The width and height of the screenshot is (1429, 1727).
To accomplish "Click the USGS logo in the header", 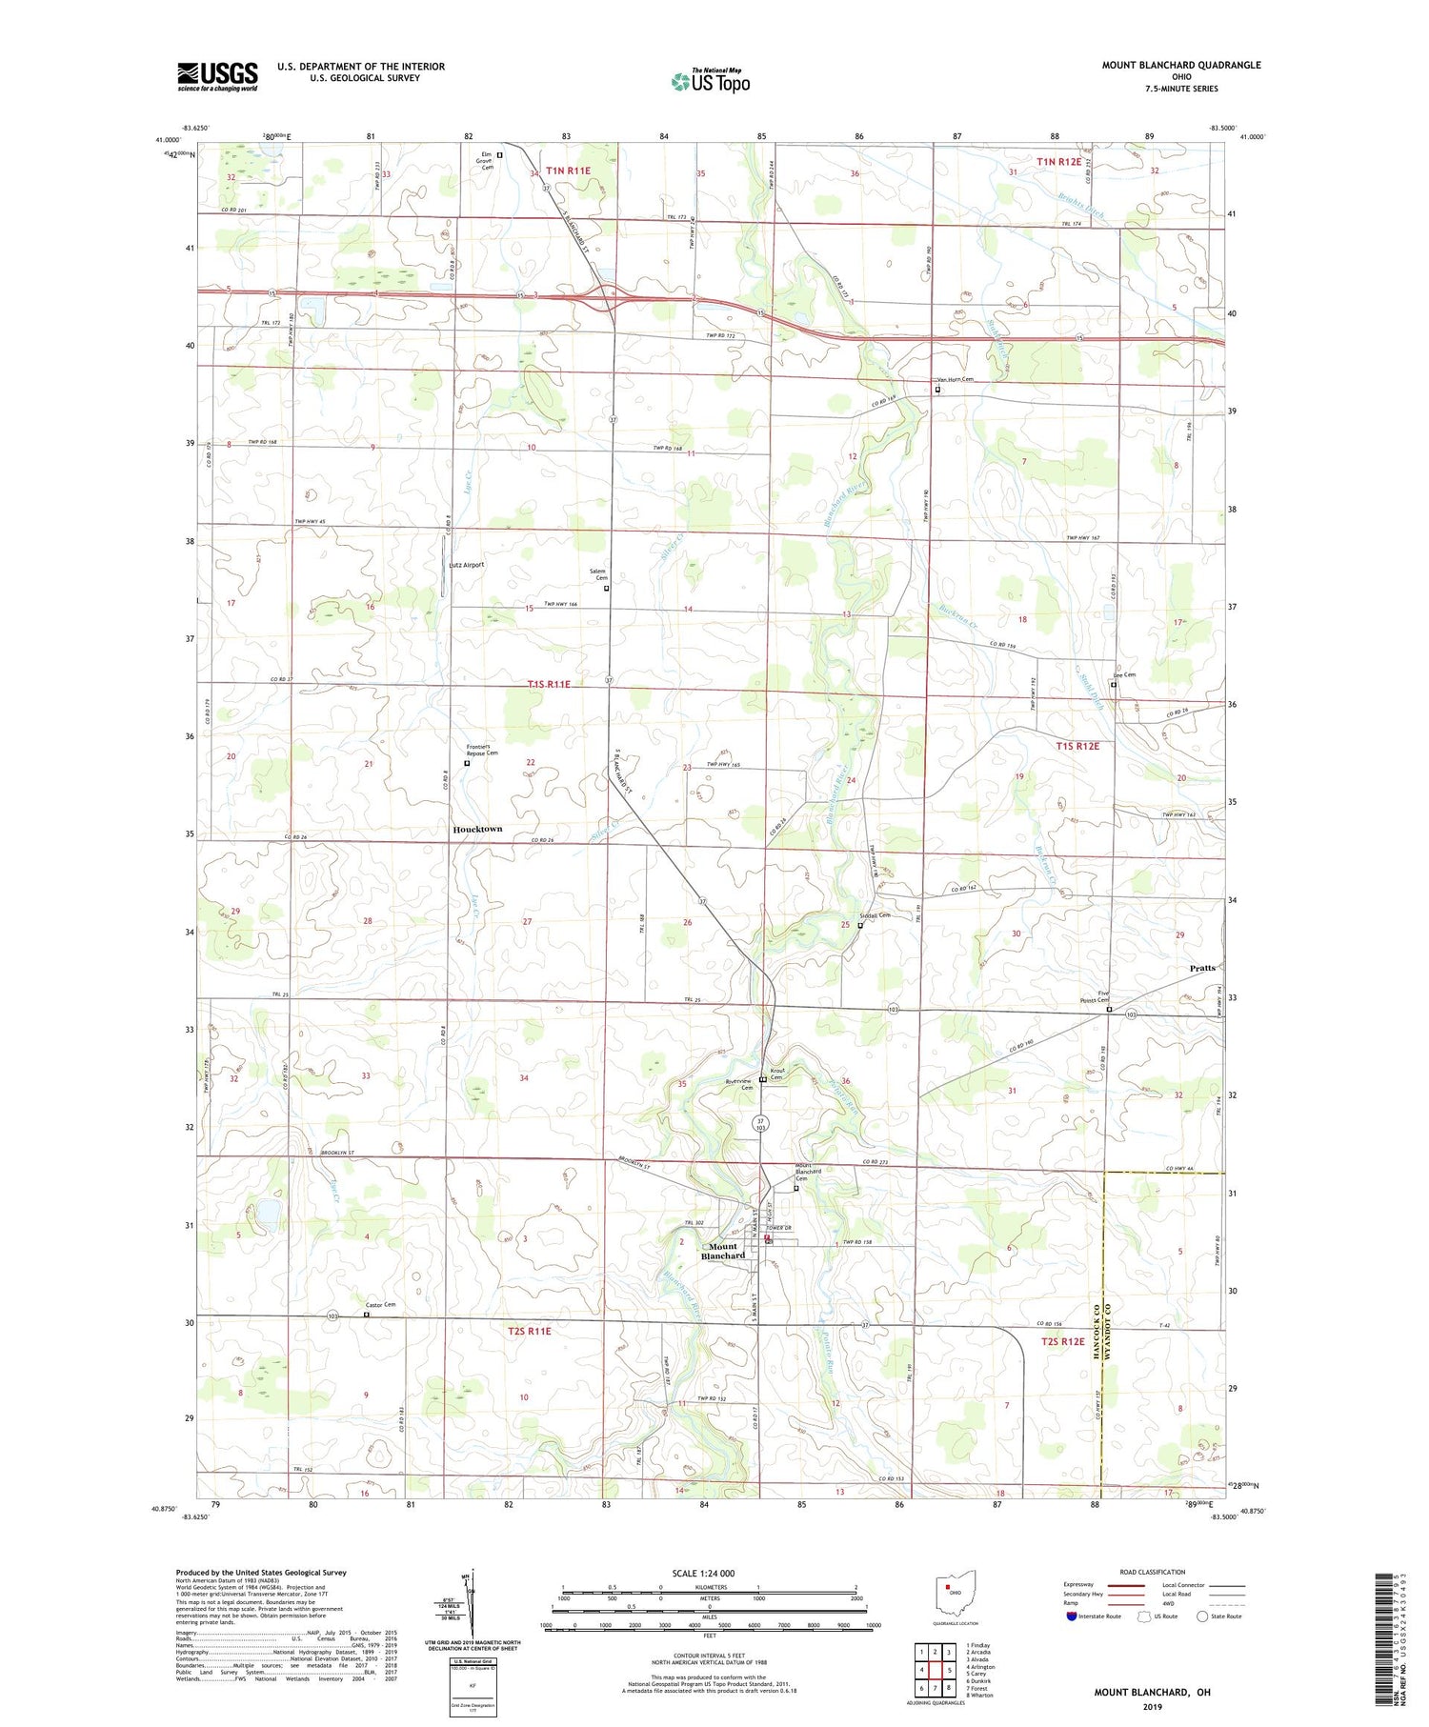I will (x=217, y=76).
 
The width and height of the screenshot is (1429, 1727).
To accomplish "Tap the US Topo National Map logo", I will (x=710, y=81).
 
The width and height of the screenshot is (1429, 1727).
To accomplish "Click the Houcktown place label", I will (x=476, y=829).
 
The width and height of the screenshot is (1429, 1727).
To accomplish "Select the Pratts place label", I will (x=1202, y=968).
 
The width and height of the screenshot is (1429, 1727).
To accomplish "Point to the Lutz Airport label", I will (x=466, y=565).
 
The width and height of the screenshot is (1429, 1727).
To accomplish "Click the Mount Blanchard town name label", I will (x=723, y=1251).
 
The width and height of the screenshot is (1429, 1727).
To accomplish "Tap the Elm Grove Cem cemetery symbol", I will (x=499, y=154).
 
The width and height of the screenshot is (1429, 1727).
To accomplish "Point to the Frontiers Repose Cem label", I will (x=482, y=750).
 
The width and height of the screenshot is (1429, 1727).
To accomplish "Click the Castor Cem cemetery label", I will (x=379, y=1305).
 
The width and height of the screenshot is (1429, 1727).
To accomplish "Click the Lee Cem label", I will (x=1124, y=675).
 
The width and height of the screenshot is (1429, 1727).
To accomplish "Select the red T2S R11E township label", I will (x=530, y=1331).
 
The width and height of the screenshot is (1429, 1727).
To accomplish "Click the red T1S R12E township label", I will (x=1077, y=746).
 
